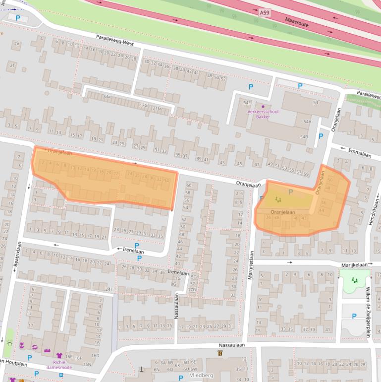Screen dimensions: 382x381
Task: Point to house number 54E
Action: coord(247,103)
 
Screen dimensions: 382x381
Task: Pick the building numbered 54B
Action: coord(303,136)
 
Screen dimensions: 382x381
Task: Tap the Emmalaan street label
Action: coord(359,155)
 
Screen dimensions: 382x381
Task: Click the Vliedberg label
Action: coord(201,376)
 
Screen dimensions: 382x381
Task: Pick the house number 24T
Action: coord(109,289)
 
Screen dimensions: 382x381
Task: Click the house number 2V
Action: coord(17,44)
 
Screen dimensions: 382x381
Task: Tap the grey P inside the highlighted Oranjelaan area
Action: coord(290,191)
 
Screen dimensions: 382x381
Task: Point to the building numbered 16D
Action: coord(95,355)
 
